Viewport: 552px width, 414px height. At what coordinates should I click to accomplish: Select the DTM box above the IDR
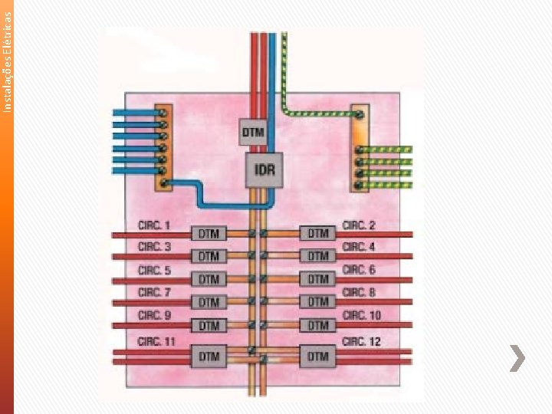(x=252, y=132)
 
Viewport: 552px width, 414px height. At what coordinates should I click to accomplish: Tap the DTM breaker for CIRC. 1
(x=209, y=233)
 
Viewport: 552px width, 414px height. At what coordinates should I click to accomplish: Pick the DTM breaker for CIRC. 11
(x=209, y=356)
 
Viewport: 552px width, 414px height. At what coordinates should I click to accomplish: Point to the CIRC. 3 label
(x=154, y=247)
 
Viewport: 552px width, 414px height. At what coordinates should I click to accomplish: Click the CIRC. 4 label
(x=359, y=247)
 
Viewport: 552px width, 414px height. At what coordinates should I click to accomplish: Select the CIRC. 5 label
(x=154, y=270)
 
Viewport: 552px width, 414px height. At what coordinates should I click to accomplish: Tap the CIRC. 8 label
(x=359, y=292)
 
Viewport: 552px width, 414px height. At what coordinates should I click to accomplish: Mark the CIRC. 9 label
(x=154, y=315)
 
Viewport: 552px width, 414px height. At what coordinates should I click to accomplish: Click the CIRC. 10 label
(x=361, y=315)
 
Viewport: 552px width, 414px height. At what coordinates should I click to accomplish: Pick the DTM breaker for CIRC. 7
(x=209, y=302)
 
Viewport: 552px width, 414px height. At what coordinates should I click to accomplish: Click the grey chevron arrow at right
(x=517, y=358)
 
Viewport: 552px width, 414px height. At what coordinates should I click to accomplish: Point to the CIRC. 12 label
(x=361, y=341)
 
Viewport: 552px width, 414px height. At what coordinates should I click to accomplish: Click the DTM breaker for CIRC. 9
(x=209, y=325)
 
